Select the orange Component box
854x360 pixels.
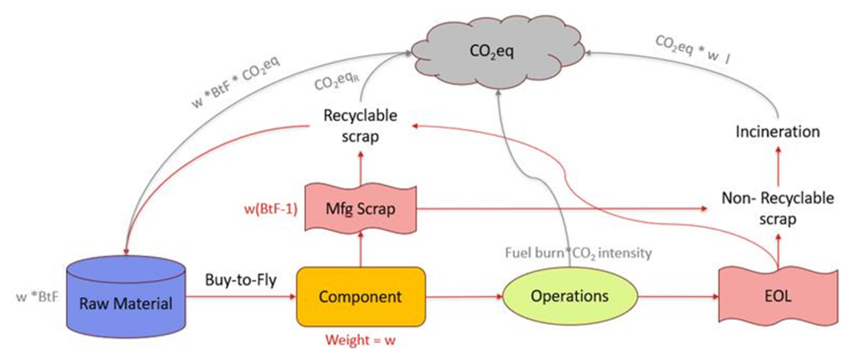click(x=361, y=297)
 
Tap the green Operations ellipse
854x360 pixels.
click(x=570, y=296)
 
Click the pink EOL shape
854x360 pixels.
click(x=778, y=296)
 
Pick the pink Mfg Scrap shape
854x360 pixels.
click(x=361, y=208)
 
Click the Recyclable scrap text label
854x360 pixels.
click(x=360, y=126)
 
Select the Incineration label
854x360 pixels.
click(x=777, y=131)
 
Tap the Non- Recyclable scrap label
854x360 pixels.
click(x=778, y=208)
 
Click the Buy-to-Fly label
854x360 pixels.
click(x=241, y=280)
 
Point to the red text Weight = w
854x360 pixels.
click(x=360, y=340)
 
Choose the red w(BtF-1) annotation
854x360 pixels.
click(x=271, y=208)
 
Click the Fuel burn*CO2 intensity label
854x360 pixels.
click(x=578, y=253)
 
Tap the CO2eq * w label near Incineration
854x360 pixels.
click(x=693, y=49)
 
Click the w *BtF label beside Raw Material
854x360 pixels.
click(x=37, y=297)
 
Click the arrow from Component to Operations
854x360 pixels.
click(x=464, y=297)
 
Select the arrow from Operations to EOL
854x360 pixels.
click(x=678, y=297)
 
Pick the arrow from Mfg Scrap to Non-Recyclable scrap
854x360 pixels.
click(x=562, y=208)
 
